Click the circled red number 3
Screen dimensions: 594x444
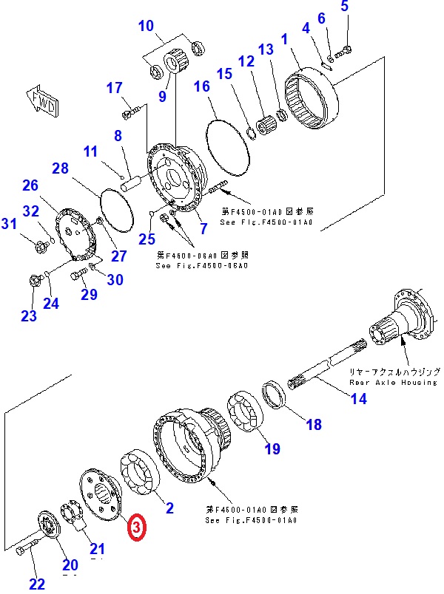tap(137, 528)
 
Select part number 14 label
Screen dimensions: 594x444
tap(358, 400)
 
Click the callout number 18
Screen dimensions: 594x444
tap(314, 424)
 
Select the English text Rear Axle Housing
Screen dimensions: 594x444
tap(393, 383)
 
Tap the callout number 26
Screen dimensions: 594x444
tap(30, 185)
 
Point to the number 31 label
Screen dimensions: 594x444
tap(8, 224)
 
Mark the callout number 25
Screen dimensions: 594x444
tap(147, 238)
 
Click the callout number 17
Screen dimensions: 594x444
tap(114, 88)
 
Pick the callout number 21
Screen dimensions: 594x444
tap(97, 548)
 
